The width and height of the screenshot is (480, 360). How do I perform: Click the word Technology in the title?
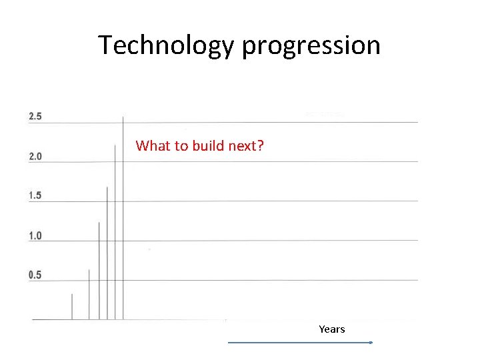pyautogui.click(x=167, y=45)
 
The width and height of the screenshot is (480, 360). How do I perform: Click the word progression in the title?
pyautogui.click(x=311, y=45)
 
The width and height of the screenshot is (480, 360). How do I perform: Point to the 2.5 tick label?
pyautogui.click(x=35, y=117)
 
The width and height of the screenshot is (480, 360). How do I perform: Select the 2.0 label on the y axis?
pyautogui.click(x=35, y=157)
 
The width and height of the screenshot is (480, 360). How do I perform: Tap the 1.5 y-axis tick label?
pyautogui.click(x=35, y=195)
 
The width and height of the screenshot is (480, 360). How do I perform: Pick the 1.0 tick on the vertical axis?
pyautogui.click(x=35, y=236)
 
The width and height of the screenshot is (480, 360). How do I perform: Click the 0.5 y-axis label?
pyautogui.click(x=35, y=275)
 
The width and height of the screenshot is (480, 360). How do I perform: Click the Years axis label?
pyautogui.click(x=331, y=329)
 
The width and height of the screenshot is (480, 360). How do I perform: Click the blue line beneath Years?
pyautogui.click(x=299, y=343)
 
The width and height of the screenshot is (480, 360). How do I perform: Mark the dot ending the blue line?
pyautogui.click(x=371, y=343)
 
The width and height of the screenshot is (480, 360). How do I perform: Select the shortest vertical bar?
pyautogui.click(x=72, y=307)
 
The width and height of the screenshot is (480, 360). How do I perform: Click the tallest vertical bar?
pyautogui.click(x=123, y=220)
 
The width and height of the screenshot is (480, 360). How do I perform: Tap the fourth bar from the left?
pyautogui.click(x=107, y=253)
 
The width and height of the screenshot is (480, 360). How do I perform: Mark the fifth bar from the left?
pyautogui.click(x=115, y=233)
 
